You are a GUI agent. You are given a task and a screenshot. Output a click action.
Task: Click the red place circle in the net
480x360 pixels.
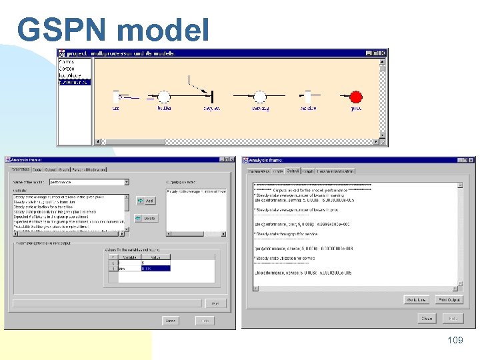[x=356, y=97]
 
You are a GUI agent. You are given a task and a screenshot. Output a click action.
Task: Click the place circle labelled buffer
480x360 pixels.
[x=164, y=97]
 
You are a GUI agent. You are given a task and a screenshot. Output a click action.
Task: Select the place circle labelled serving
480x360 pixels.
[x=260, y=97]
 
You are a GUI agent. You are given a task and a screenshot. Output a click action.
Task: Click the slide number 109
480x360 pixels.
[x=455, y=341]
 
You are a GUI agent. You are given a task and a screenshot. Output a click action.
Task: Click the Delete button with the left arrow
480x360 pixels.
[x=145, y=218]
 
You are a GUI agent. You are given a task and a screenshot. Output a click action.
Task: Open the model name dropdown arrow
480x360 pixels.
[x=126, y=181]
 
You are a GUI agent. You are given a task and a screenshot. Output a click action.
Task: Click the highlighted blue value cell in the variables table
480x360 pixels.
[x=155, y=268]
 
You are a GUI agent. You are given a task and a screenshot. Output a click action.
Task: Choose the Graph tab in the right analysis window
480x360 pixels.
[x=308, y=171]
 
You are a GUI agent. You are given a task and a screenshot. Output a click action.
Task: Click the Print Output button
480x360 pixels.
[x=449, y=299]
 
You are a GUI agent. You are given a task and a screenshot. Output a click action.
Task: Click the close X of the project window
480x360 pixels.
[x=383, y=53]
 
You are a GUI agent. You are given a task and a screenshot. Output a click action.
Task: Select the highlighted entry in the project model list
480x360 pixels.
[x=73, y=82]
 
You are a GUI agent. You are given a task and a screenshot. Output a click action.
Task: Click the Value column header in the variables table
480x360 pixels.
[x=155, y=256]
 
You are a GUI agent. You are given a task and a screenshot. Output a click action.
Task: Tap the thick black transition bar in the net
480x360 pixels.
[x=212, y=97]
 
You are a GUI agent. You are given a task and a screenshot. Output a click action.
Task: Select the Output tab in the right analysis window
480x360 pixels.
[x=293, y=171]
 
